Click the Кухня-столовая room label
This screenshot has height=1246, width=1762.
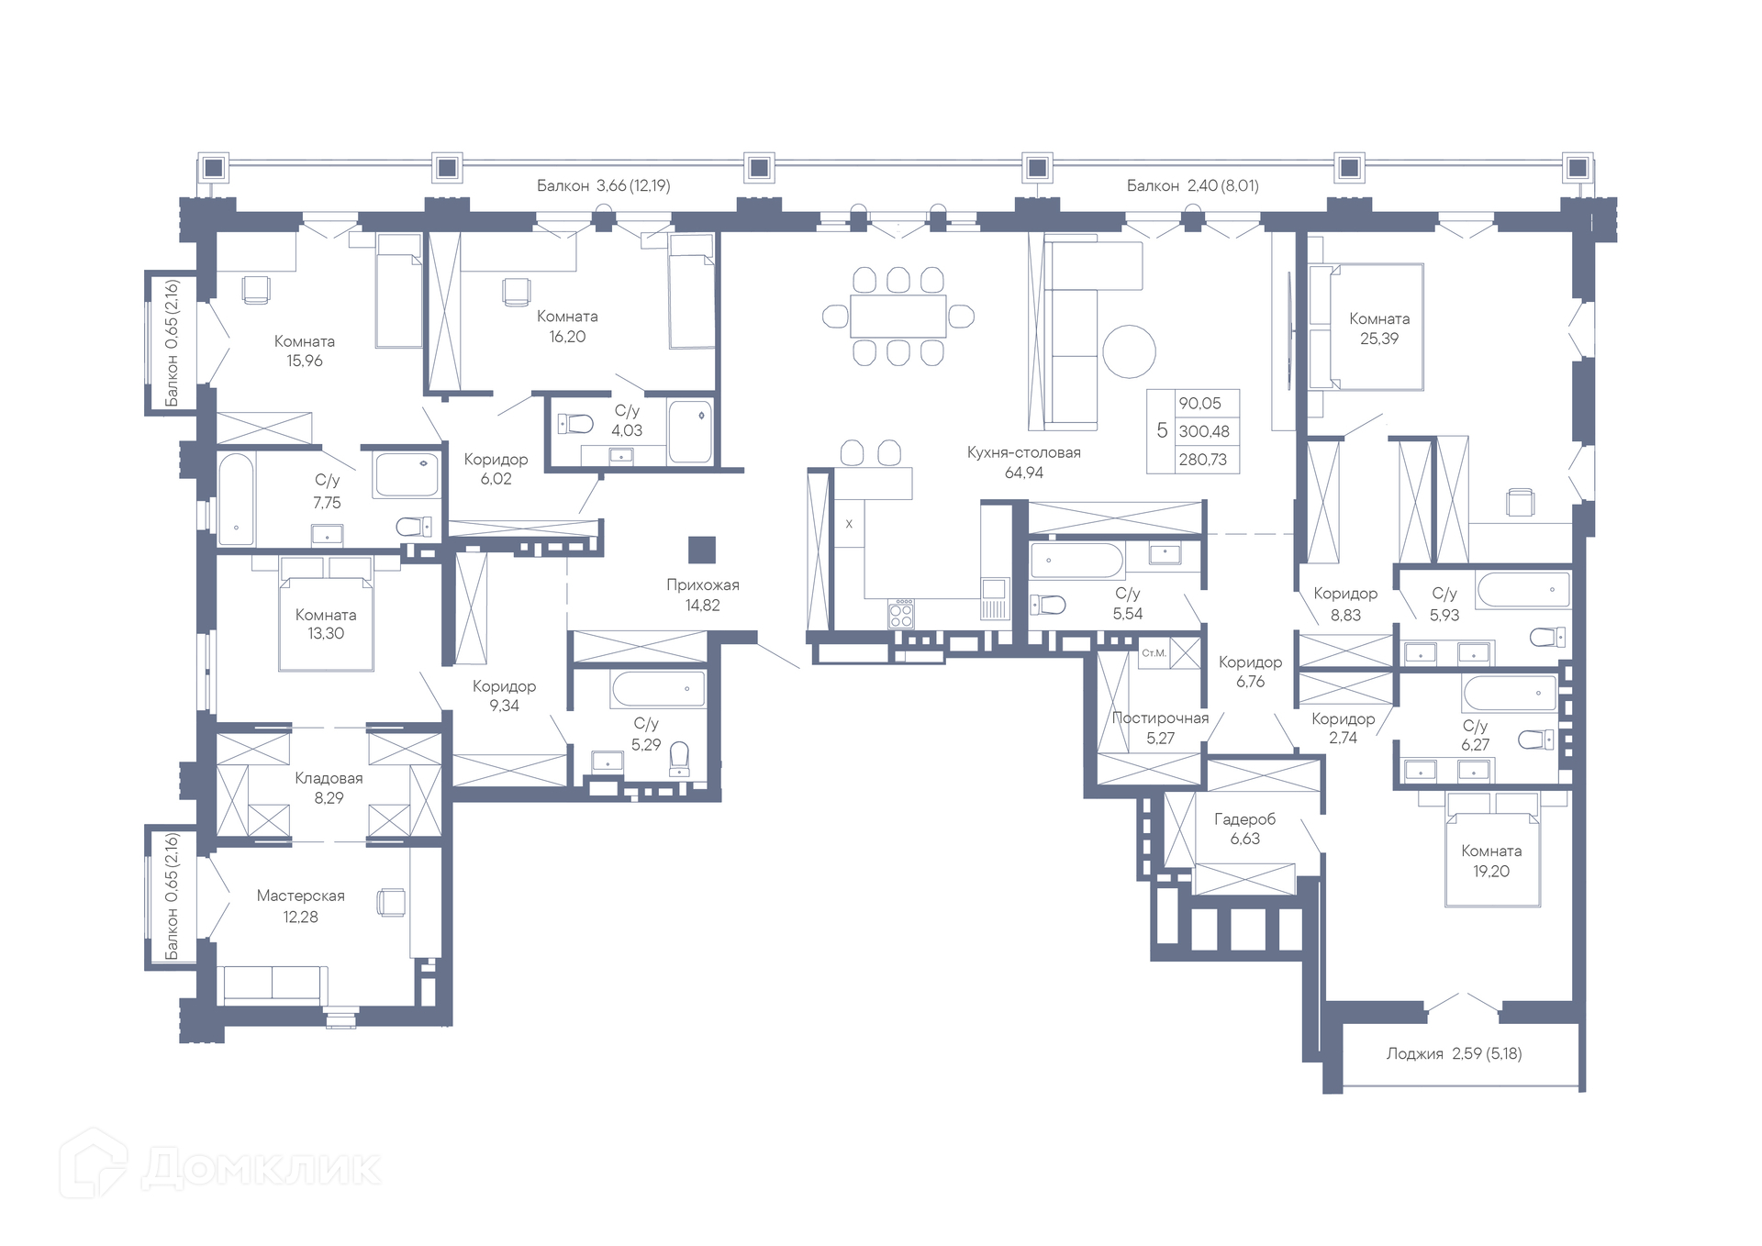1023,452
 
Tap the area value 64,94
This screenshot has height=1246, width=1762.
1023,473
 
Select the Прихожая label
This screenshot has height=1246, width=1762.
702,585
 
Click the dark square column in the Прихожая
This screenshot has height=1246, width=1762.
702,550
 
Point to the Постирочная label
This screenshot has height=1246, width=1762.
1160,718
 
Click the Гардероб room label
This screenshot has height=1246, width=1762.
1244,819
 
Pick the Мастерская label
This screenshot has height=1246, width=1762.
301,896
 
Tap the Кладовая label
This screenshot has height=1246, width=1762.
329,778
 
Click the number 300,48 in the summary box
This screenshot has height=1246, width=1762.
1204,431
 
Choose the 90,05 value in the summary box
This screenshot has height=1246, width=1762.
1199,404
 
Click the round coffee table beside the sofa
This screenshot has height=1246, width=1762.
1129,351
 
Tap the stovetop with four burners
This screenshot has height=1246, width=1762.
901,614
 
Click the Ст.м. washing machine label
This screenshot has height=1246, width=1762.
1154,653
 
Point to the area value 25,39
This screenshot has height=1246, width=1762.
1379,339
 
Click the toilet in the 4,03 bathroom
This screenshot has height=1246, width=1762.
575,424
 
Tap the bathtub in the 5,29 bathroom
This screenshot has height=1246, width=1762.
658,689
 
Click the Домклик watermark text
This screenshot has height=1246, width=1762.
262,1168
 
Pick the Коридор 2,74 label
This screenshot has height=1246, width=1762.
1343,729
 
